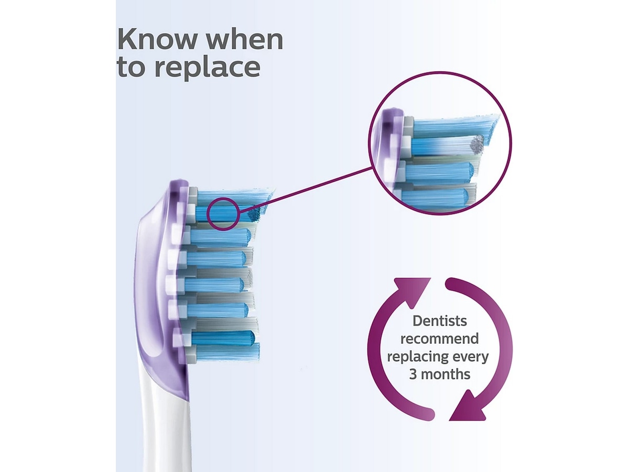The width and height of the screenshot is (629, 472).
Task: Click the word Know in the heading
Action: (x=152, y=40)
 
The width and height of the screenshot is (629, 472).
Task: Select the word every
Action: (x=469, y=357)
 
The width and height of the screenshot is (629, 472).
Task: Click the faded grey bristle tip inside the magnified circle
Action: (x=477, y=142)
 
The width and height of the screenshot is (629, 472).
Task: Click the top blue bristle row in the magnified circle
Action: (x=446, y=126)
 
